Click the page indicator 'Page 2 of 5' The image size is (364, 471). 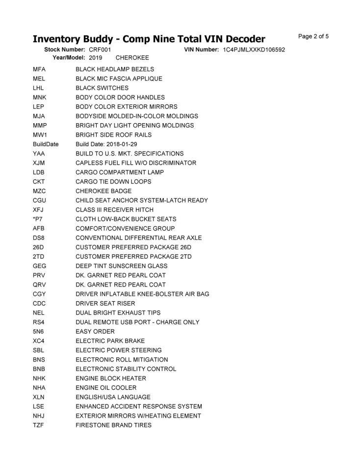[x=313, y=36]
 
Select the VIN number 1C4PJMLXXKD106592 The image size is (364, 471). [x=254, y=50]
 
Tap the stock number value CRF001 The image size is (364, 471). [x=100, y=50]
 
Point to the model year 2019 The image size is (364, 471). [x=96, y=57]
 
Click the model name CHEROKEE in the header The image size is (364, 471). [x=132, y=57]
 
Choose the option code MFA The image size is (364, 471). [x=39, y=69]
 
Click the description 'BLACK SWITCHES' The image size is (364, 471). [x=102, y=88]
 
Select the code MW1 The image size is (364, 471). [x=39, y=135]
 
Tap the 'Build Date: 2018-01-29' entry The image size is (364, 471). [x=106, y=144]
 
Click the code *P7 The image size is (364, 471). [x=38, y=219]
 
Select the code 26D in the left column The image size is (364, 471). [x=39, y=247]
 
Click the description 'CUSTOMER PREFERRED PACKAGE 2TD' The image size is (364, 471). [x=133, y=257]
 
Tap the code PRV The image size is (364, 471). [x=39, y=275]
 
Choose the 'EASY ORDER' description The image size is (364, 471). [x=95, y=332]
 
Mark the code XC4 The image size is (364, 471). [x=39, y=341]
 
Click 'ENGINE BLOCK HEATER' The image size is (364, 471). [x=111, y=378]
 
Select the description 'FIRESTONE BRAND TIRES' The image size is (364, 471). [x=113, y=425]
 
